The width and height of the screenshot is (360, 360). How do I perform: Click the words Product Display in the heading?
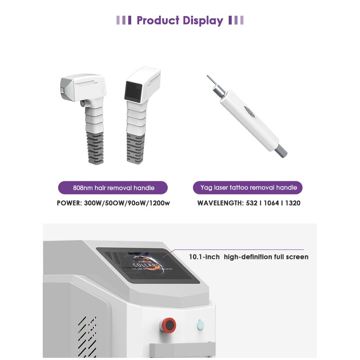pyautogui.click(x=180, y=20)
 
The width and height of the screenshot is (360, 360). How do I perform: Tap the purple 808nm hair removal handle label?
pyautogui.click(x=113, y=188)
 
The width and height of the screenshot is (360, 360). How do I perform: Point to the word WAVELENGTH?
pyautogui.click(x=219, y=203)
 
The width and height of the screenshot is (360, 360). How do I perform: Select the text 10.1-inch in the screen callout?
pyautogui.click(x=204, y=257)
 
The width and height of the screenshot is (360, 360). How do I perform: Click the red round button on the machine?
pyautogui.click(x=169, y=324)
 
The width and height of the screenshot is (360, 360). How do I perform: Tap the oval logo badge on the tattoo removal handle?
pyautogui.click(x=248, y=111)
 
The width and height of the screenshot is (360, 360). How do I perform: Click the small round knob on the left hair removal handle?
pyautogui.click(x=82, y=103)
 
